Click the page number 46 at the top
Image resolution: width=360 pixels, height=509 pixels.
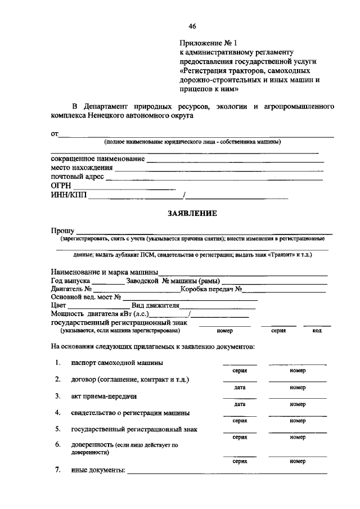coord(192,26)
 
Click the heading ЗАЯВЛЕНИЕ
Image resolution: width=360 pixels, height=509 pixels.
coord(192,213)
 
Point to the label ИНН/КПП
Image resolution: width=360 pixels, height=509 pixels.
coord(69,195)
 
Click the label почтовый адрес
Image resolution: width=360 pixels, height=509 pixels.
coord(77,177)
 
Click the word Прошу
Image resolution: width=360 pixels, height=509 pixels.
coord(62,230)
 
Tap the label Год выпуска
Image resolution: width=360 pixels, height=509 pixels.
coord(70,281)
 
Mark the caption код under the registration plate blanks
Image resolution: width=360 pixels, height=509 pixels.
coord(317,331)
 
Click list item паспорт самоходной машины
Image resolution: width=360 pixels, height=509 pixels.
coord(117,363)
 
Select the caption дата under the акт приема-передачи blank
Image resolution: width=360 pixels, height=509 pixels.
coord(240,404)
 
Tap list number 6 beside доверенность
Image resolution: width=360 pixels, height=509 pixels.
coord(58,445)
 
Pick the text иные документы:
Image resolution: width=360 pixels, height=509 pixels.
coord(98,470)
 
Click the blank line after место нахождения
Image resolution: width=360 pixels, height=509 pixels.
coord(219,168)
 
